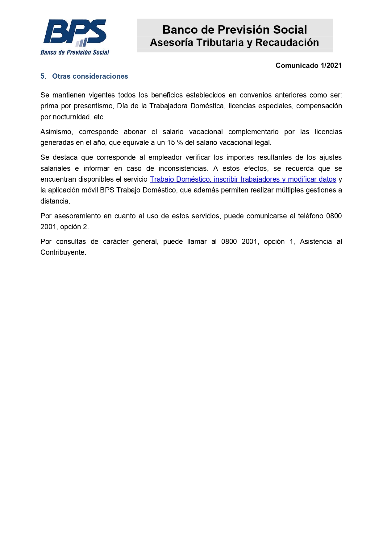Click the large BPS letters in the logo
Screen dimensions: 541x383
pyautogui.click(x=75, y=31)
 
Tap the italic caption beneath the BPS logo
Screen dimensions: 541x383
pyautogui.click(x=75, y=52)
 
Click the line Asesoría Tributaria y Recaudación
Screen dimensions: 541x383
pyautogui.click(x=234, y=43)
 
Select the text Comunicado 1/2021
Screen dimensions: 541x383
pyautogui.click(x=308, y=65)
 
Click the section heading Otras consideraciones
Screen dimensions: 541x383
pyautogui.click(x=90, y=76)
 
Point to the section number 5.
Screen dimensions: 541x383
pyautogui.click(x=43, y=76)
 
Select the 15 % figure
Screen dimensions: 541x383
pyautogui.click(x=175, y=143)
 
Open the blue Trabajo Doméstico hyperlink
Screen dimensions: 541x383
pyautogui.click(x=243, y=180)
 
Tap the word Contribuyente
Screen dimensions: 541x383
pyautogui.click(x=63, y=253)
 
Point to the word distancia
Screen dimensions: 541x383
pyautogui.click(x=55, y=201)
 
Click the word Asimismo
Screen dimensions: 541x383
pyautogui.click(x=56, y=132)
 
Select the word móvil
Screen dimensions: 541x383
pyautogui.click(x=90, y=190)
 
